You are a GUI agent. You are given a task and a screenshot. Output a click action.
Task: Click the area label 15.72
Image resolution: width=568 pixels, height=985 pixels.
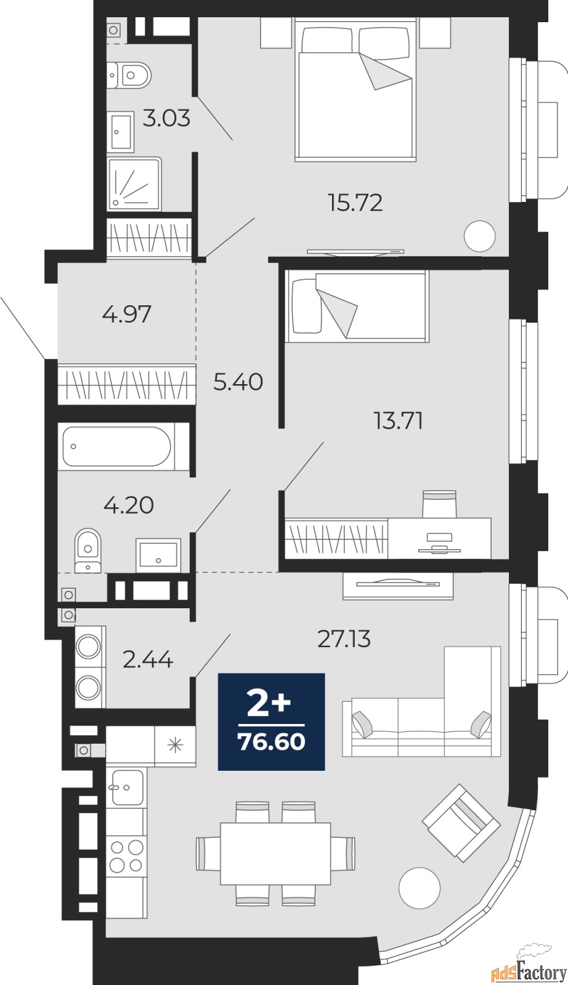click(x=355, y=203)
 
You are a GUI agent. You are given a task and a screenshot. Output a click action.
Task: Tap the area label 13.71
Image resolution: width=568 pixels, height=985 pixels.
click(x=398, y=421)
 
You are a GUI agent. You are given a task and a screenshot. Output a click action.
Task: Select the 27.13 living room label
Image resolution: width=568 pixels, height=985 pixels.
click(x=344, y=639)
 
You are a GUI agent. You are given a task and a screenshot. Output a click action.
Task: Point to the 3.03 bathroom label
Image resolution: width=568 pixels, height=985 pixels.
click(x=166, y=118)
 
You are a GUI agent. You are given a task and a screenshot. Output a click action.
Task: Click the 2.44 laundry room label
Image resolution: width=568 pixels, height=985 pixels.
click(x=148, y=660)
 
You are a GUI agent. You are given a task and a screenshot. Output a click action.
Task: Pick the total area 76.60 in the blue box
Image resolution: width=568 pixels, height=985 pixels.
click(x=272, y=742)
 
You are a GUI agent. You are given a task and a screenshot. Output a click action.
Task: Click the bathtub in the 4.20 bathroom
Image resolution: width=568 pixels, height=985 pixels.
click(x=117, y=446)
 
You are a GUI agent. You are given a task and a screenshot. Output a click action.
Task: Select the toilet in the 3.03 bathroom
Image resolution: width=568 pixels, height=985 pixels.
click(x=131, y=75)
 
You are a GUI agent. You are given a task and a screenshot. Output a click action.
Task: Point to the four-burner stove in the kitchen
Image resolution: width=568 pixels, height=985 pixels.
click(x=126, y=856)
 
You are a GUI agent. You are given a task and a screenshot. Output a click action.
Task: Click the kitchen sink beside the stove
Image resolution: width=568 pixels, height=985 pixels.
click(x=126, y=787)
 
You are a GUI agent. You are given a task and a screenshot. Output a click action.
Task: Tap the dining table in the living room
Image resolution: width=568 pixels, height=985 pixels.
click(x=275, y=853)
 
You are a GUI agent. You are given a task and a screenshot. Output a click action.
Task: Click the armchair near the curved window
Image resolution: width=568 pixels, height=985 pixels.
click(x=461, y=822)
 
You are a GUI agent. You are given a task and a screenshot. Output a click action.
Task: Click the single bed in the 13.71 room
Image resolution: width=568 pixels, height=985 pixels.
click(x=357, y=306)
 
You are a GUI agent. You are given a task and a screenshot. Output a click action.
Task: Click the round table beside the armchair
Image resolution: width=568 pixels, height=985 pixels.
click(x=419, y=888)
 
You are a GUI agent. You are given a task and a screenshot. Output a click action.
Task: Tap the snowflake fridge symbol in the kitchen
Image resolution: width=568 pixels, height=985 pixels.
click(x=176, y=746)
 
